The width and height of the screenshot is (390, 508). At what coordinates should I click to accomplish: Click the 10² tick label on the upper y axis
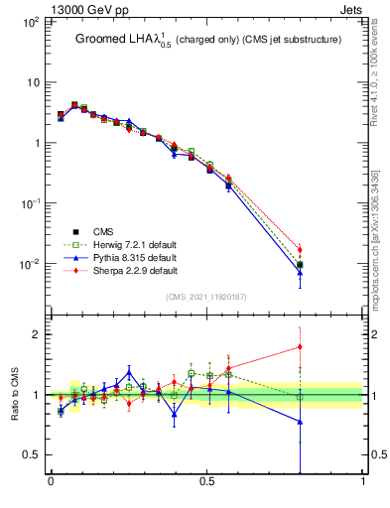[x=32, y=21]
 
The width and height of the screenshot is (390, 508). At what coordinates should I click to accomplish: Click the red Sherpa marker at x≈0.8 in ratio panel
[x=301, y=346]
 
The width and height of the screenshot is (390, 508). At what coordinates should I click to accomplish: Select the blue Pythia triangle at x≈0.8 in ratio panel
[x=301, y=422]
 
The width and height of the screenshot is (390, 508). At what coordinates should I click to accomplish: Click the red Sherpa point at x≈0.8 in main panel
[x=301, y=250]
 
